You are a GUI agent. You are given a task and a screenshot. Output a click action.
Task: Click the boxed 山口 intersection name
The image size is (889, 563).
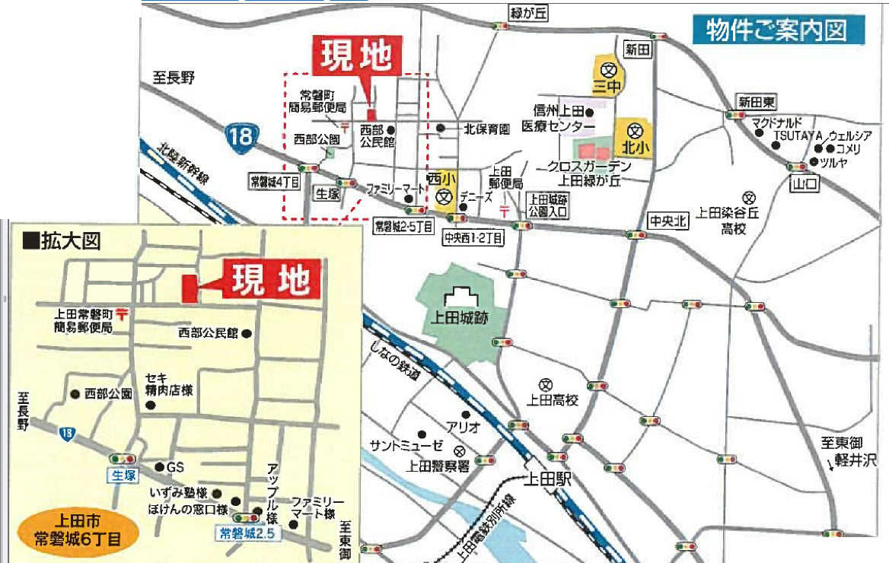[804, 184]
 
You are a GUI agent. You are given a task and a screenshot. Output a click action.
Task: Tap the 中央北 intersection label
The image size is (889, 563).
[668, 221]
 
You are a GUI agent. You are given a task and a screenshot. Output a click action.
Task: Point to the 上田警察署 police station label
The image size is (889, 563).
[435, 467]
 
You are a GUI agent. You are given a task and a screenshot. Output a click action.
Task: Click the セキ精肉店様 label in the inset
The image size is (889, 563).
[168, 384]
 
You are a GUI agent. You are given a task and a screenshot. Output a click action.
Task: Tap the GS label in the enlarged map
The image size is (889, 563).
[175, 466]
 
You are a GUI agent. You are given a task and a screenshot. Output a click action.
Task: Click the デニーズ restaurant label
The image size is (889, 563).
[476, 196]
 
